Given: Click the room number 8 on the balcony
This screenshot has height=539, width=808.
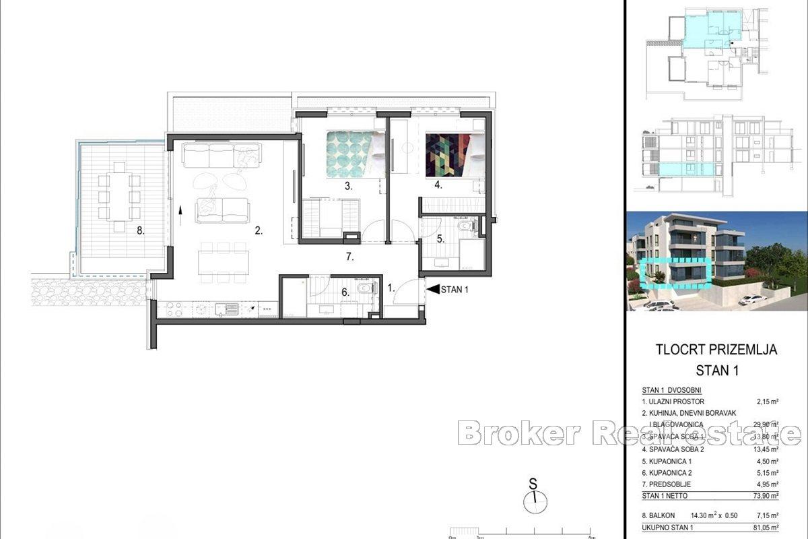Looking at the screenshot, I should [x=140, y=230].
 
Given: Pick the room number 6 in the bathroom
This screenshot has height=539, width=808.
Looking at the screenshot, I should [x=345, y=291].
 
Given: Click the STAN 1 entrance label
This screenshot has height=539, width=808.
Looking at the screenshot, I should [x=456, y=290].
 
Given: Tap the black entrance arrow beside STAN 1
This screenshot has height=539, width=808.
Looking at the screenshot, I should [x=432, y=290].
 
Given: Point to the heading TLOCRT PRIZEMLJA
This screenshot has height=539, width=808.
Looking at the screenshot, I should [x=716, y=350].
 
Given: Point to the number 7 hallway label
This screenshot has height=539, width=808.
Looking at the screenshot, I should [x=348, y=257].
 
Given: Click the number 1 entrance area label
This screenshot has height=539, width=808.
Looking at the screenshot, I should [x=391, y=287].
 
